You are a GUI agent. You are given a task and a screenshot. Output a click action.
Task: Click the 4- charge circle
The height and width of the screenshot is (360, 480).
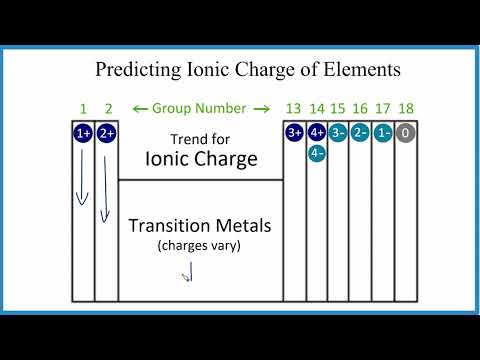pos(317,153)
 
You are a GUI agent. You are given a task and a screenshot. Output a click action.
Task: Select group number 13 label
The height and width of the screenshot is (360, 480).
pos(294,108)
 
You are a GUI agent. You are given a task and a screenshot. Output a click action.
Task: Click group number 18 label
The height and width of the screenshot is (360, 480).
pos(406,108)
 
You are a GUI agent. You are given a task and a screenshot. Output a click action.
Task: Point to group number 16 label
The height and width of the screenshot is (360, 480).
pos(361,108)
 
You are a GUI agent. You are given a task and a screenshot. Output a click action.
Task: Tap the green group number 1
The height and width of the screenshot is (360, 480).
pos(82,108)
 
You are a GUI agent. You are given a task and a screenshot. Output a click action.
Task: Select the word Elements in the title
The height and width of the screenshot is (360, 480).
pos(350,70)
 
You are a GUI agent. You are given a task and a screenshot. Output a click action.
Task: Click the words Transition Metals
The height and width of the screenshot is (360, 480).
pos(200,226)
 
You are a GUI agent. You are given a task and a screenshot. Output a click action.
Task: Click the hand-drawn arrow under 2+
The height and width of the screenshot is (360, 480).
pos(103,185)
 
